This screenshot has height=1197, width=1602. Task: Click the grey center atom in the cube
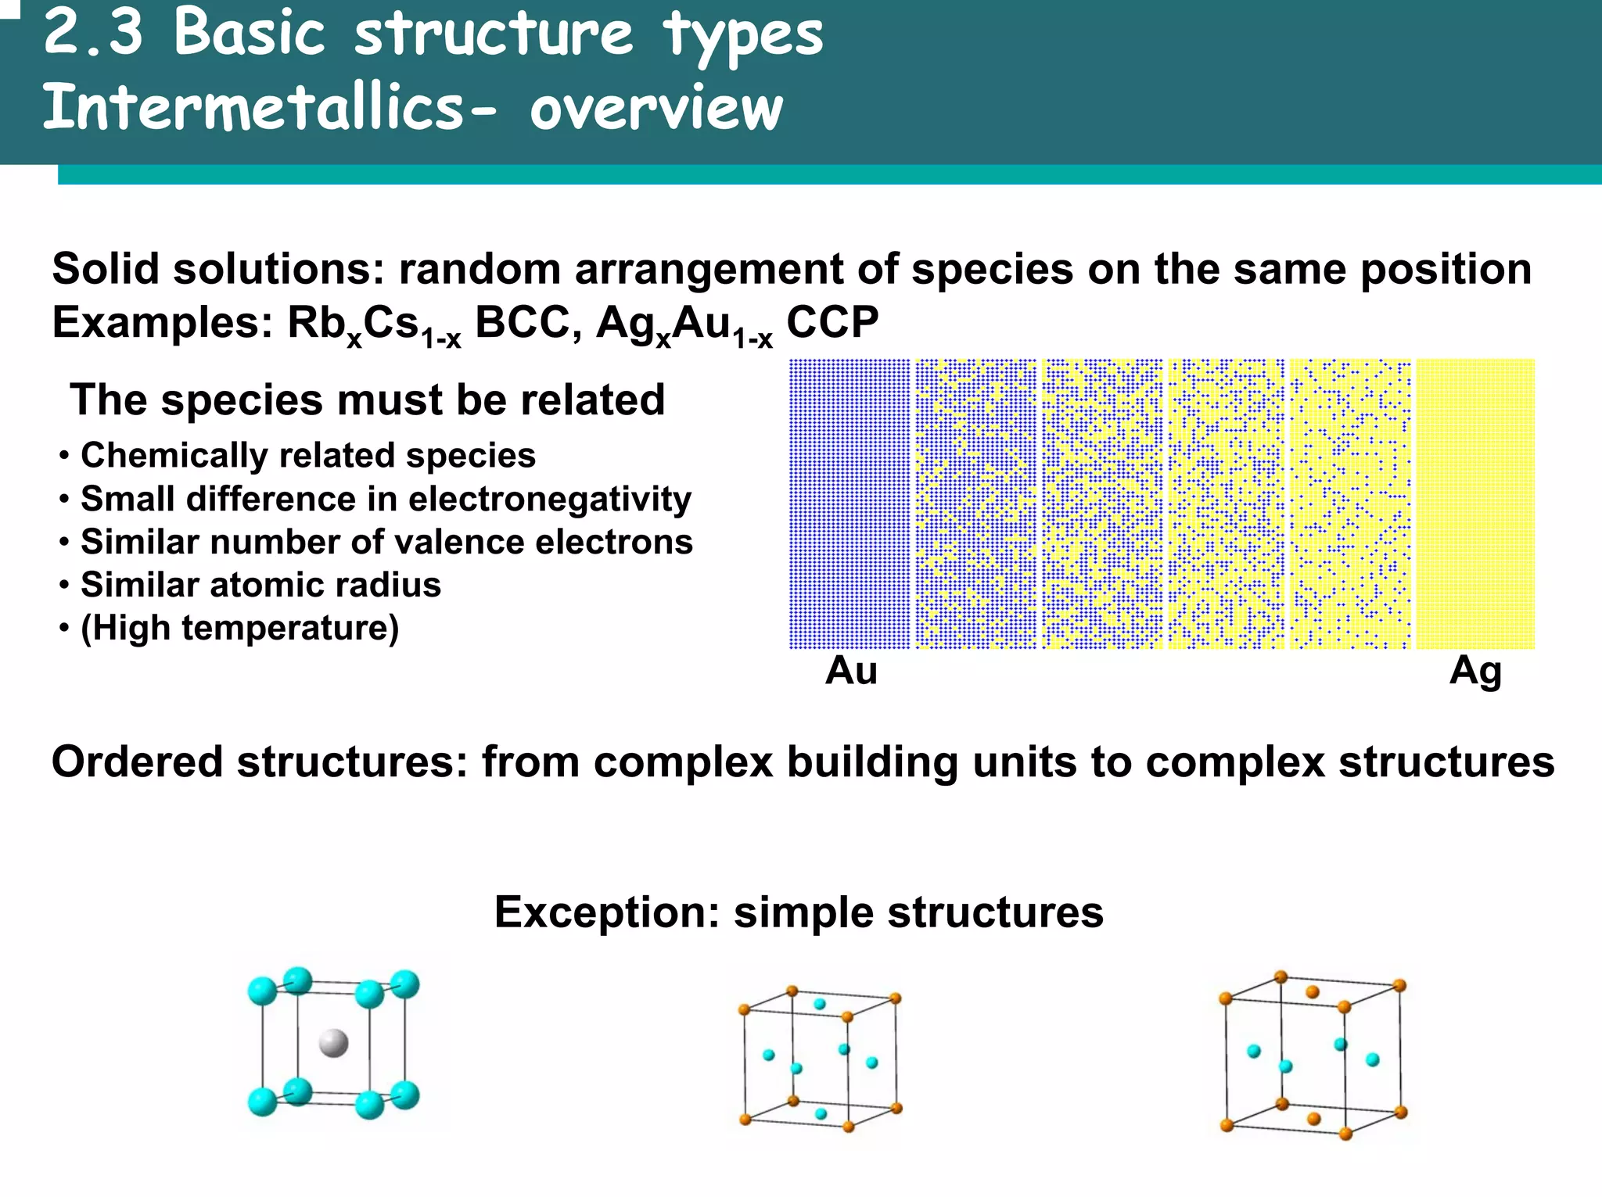[x=334, y=1042]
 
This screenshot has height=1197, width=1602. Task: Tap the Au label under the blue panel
[x=851, y=671]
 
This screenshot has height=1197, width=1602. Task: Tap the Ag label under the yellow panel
[x=1475, y=671]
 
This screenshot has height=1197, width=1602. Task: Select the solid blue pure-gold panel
[x=849, y=504]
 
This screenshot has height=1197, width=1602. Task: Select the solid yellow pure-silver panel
[x=1475, y=504]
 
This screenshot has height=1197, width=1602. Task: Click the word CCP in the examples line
[x=832, y=322]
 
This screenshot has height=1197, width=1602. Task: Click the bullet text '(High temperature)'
[x=239, y=628]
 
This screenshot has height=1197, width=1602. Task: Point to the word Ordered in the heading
[x=137, y=762]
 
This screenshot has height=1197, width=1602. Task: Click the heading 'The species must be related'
[x=368, y=400]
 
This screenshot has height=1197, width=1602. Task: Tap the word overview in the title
[x=656, y=108]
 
